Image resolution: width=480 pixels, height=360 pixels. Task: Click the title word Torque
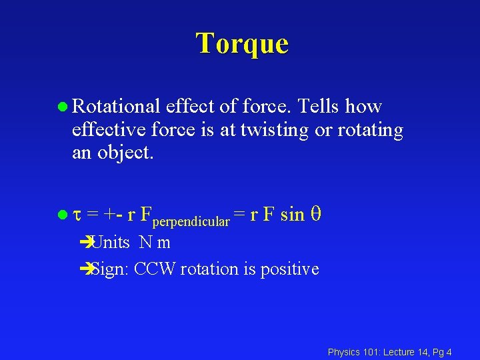coord(242,43)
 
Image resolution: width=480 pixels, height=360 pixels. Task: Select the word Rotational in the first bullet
coord(115,107)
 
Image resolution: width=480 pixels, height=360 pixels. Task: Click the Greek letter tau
coord(76,215)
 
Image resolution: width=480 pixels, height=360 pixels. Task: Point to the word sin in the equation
coord(293,215)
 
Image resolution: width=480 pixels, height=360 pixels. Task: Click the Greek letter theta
coord(317,215)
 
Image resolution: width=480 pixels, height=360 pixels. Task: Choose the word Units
coord(110,243)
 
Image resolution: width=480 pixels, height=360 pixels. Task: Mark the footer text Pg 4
coord(441,352)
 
